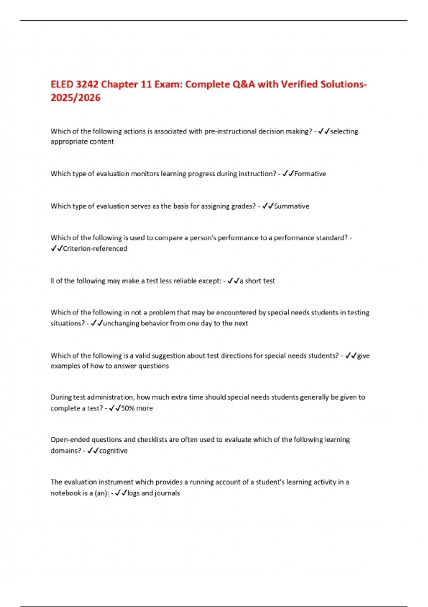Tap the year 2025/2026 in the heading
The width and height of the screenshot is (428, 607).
[x=76, y=98]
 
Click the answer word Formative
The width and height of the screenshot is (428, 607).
[x=310, y=174]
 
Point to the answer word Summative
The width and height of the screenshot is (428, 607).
[x=291, y=206]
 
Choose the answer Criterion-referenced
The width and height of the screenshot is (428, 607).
[x=95, y=249]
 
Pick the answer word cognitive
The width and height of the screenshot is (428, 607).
[x=113, y=451]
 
